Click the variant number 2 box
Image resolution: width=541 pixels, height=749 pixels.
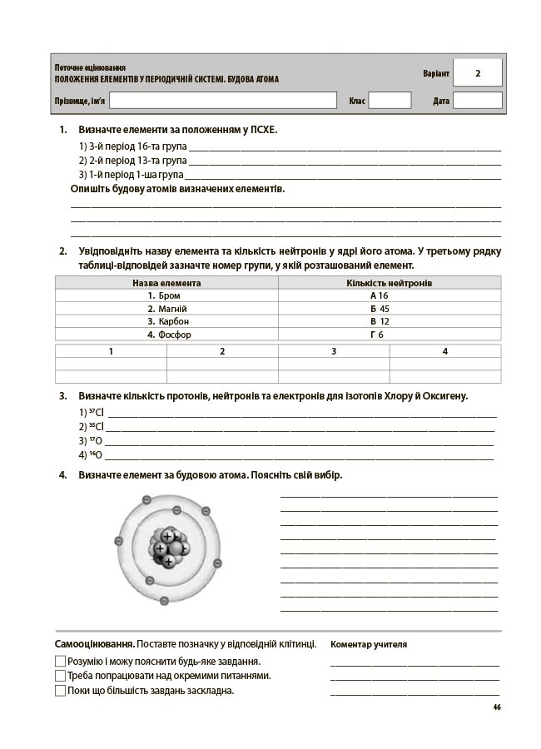478,73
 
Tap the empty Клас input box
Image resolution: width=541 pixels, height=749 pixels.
390,101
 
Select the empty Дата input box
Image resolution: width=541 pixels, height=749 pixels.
478,101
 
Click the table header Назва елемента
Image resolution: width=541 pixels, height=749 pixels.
166,283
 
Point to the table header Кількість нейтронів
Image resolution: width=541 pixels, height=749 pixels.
390,283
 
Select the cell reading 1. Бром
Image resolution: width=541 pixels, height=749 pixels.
164,295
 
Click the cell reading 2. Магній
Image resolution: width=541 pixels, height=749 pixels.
166,309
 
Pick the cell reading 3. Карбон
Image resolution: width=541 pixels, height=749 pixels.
168,321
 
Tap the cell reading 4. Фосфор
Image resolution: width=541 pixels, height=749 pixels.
169,335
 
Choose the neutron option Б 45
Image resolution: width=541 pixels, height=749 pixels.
380,309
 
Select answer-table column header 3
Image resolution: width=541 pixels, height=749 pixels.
334,351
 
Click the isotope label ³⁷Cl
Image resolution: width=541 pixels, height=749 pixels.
96,413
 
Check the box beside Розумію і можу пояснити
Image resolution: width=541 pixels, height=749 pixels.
60,661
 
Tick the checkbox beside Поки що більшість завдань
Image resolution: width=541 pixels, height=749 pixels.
60,690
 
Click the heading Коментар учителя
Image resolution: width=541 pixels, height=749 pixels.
369,644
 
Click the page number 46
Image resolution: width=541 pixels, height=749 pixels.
496,707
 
